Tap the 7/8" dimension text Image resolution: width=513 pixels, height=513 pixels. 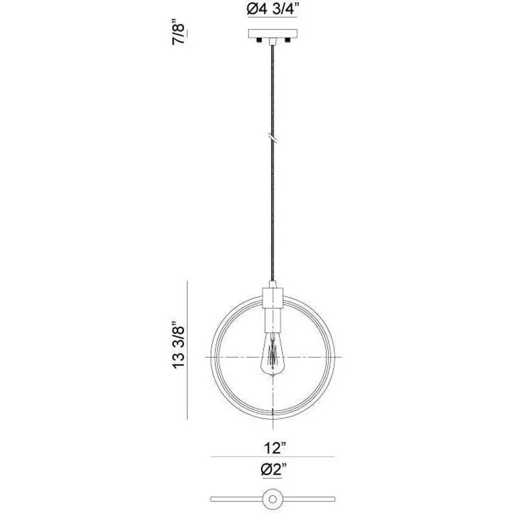tap(179, 34)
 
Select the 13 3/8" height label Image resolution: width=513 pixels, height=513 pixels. tap(179, 348)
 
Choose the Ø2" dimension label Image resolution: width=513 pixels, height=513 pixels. tap(274, 470)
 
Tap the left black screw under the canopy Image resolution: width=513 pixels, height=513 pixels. tap(259, 40)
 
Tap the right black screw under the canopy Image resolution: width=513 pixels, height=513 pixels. tap(288, 40)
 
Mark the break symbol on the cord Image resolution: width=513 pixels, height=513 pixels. tap(273, 138)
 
